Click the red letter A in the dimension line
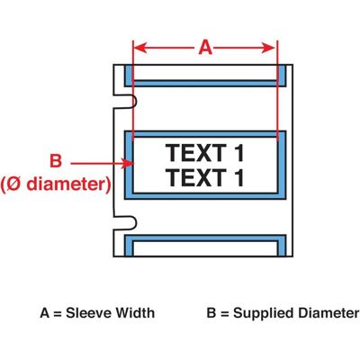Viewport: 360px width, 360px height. coord(205,48)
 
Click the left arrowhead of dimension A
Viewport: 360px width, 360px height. coord(139,48)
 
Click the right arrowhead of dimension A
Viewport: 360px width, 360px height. coord(268,48)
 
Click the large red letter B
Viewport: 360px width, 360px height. coord(56,160)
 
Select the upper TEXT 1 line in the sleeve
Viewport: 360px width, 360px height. coord(204,153)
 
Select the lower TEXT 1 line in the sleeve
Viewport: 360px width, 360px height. coord(204,177)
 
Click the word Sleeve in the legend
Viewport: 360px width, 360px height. coord(89,313)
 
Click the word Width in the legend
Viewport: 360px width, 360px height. coord(135,313)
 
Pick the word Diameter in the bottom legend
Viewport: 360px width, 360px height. coord(328,313)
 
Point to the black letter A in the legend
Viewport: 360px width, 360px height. coord(44,313)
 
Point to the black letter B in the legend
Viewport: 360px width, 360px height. coord(211,313)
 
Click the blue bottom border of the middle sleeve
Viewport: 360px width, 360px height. coord(205,196)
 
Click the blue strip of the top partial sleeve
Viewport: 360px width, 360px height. coord(205,83)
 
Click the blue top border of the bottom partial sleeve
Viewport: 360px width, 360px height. coord(205,238)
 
